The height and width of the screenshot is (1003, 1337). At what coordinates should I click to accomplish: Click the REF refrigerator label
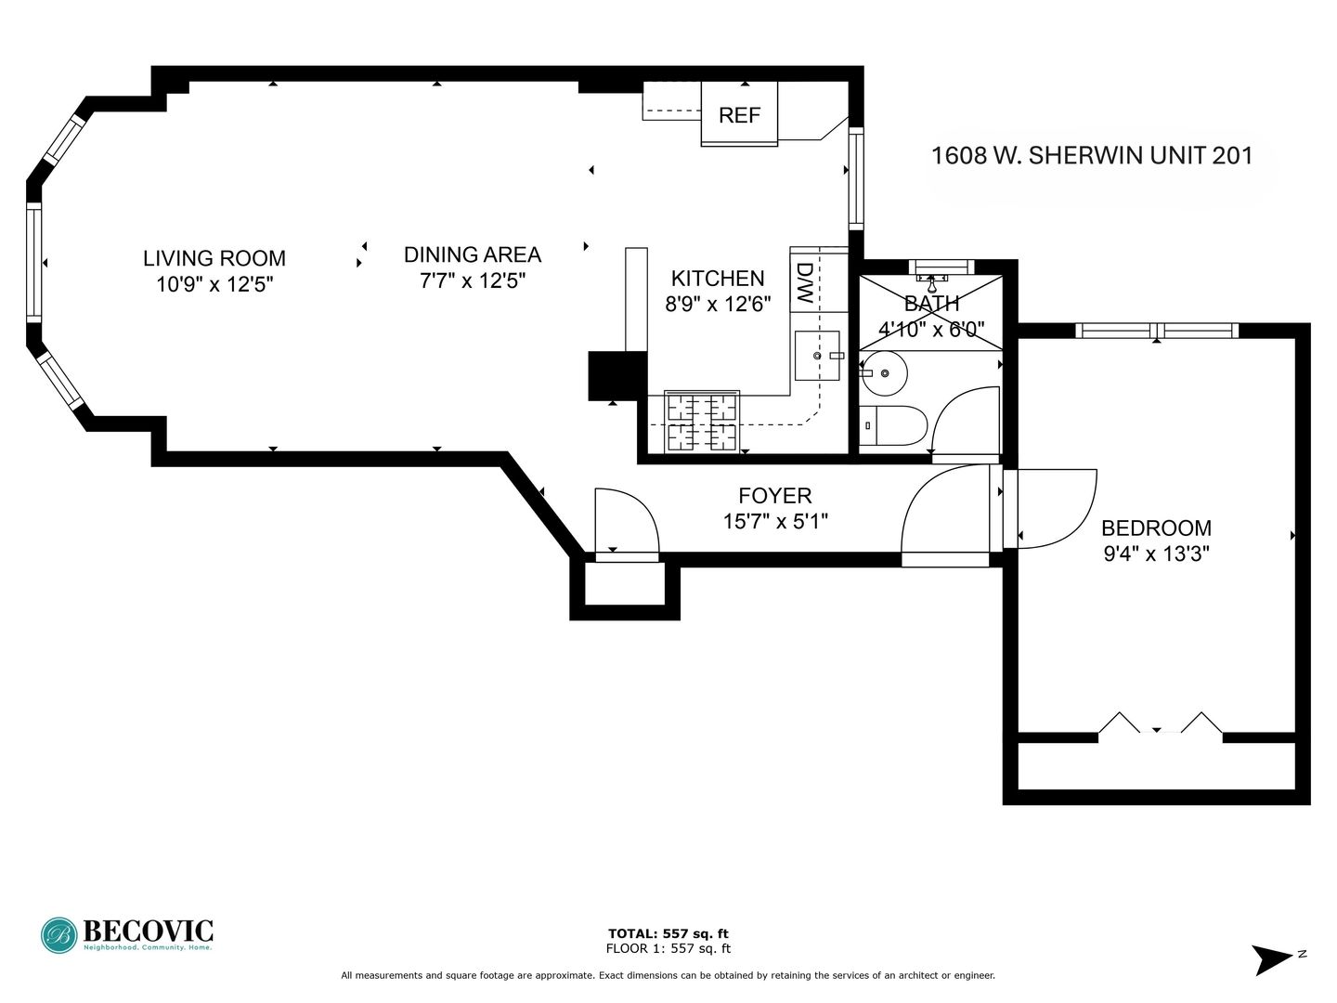(x=739, y=115)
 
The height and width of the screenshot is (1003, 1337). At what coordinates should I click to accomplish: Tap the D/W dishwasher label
(x=804, y=282)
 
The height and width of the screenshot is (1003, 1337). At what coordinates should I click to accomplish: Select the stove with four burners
(x=702, y=421)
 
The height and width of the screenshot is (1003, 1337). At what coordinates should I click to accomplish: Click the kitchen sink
(x=817, y=356)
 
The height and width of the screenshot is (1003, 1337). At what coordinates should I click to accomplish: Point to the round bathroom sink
(x=884, y=373)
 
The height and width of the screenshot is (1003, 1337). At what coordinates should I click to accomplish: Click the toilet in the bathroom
(x=893, y=425)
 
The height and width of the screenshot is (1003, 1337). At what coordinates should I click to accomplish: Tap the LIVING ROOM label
(x=214, y=258)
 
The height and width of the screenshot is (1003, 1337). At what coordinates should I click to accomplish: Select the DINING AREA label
(x=472, y=254)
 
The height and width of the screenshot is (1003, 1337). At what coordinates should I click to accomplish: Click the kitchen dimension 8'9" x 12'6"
(x=718, y=304)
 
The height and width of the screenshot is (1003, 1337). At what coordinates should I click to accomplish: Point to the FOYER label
(x=774, y=496)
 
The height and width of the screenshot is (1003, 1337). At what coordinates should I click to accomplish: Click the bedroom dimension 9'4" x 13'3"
(x=1156, y=554)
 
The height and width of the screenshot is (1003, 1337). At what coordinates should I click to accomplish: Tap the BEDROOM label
(x=1156, y=528)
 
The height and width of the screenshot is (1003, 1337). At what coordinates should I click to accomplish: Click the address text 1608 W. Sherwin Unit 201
(x=1092, y=156)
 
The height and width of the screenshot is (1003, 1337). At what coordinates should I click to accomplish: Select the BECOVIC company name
(x=149, y=930)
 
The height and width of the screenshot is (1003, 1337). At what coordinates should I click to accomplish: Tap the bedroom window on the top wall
(x=1156, y=331)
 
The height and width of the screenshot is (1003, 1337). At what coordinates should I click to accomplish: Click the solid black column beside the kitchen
(x=617, y=375)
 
